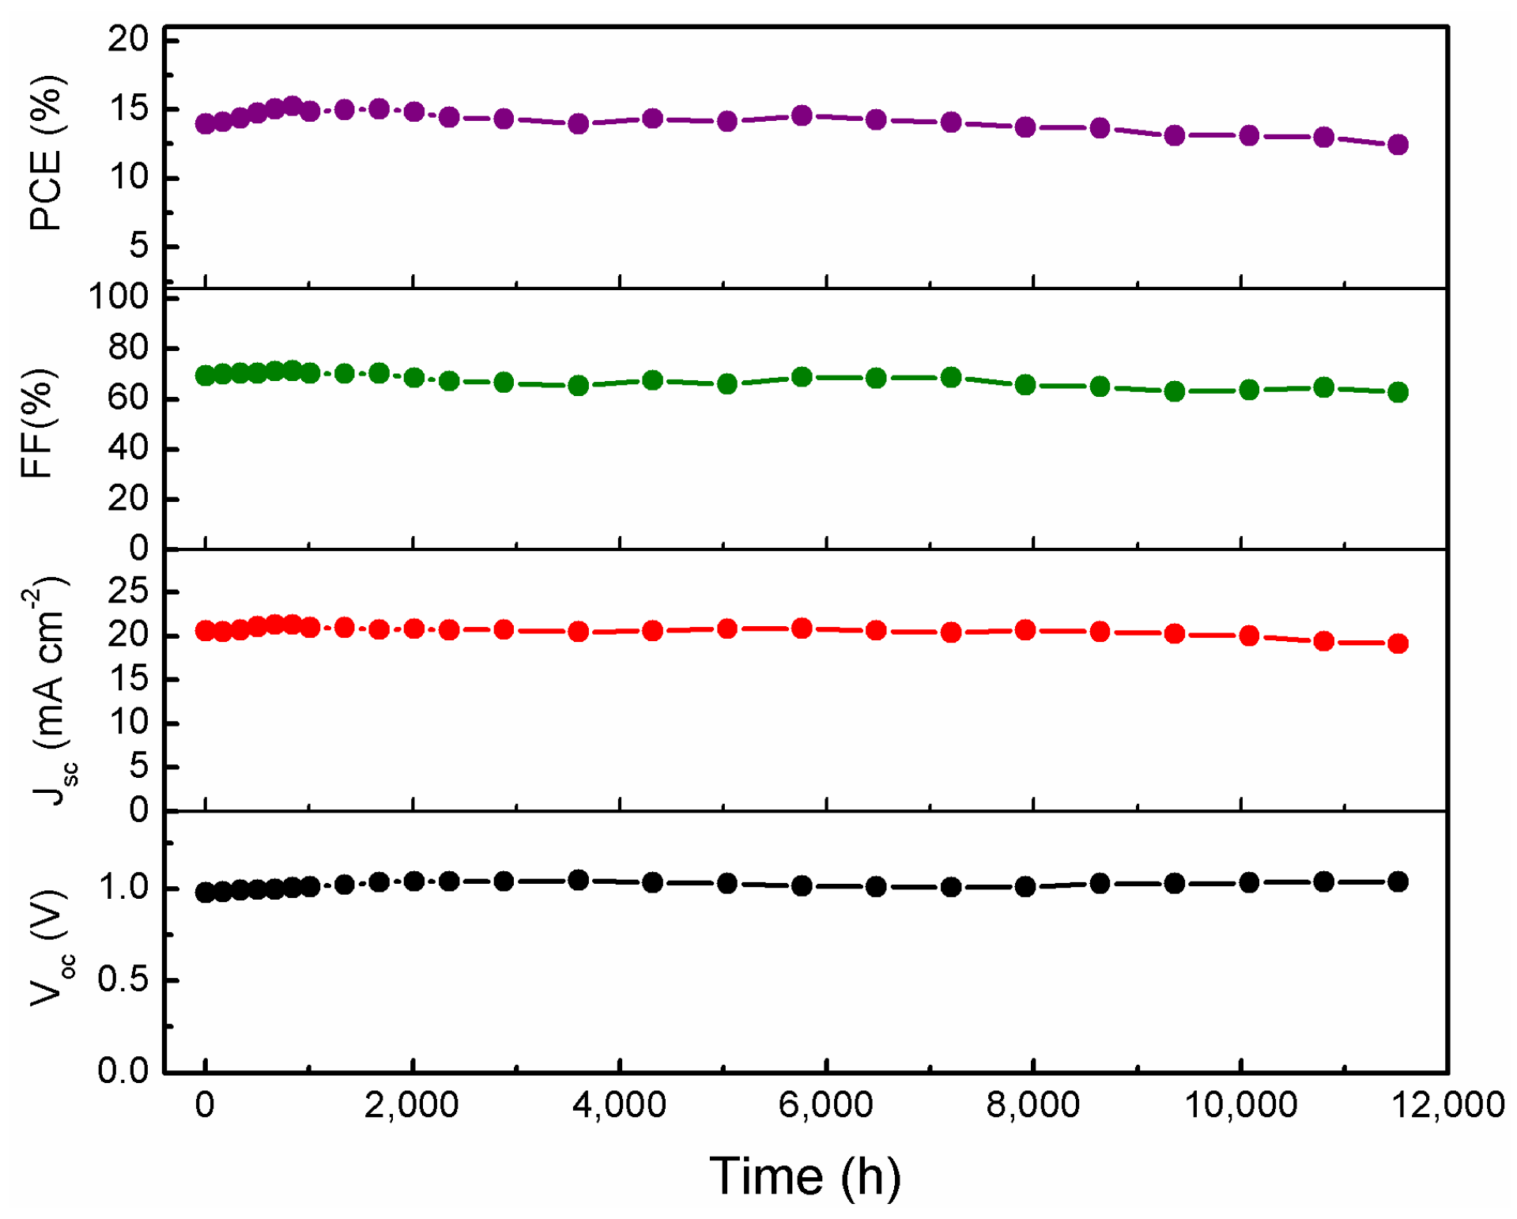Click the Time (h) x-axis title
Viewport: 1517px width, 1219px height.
(x=805, y=1176)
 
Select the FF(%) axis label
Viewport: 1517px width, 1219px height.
(x=37, y=423)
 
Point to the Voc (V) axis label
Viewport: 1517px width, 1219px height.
(x=49, y=949)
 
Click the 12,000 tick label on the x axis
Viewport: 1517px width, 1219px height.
(x=1447, y=1104)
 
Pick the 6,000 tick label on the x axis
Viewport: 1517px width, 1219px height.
(x=825, y=1104)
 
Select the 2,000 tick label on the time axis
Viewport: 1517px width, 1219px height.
(x=411, y=1104)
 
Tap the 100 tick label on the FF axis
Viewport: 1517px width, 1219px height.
(x=119, y=297)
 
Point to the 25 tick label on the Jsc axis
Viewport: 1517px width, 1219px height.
(x=128, y=591)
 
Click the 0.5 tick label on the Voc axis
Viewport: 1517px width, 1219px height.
(x=123, y=979)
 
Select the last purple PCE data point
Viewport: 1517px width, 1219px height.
(x=1397, y=145)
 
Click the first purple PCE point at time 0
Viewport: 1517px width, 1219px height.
(x=206, y=123)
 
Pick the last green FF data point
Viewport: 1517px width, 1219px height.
(x=1397, y=392)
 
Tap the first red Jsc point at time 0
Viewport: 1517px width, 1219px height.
(x=206, y=631)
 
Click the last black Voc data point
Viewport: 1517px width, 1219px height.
(x=1397, y=881)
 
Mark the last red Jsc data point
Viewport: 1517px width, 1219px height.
(x=1397, y=643)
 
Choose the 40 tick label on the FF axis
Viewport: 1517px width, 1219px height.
(x=128, y=448)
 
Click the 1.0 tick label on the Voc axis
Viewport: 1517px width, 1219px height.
(x=123, y=888)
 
